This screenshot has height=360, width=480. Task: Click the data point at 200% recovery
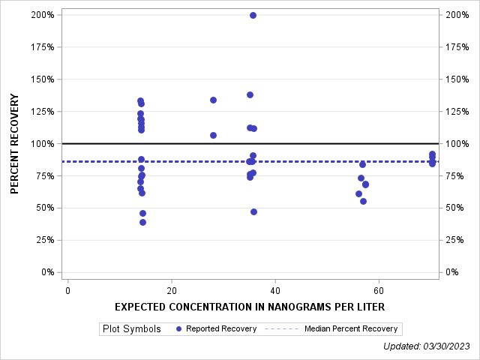click(253, 15)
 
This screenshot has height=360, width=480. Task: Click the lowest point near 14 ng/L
click(142, 222)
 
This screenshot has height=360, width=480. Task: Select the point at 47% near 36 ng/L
click(253, 211)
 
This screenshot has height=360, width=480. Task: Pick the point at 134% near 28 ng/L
click(213, 100)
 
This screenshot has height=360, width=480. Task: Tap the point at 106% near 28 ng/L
click(213, 135)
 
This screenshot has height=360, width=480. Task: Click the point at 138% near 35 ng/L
click(250, 94)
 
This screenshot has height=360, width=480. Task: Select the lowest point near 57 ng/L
click(363, 201)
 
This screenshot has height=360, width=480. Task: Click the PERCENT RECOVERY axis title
click(15, 143)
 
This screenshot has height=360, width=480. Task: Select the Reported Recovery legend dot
click(178, 328)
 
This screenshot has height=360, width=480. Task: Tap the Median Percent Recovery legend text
click(351, 328)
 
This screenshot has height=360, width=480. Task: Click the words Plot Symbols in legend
click(132, 328)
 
